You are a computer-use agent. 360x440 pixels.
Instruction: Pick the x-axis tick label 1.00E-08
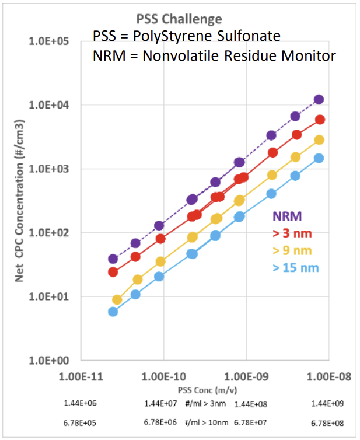(x=327, y=376)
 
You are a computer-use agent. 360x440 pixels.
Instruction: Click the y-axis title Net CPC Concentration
(x=19, y=201)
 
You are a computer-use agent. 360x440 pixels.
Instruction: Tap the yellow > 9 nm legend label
(x=295, y=251)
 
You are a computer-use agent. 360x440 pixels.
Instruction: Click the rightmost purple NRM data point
(x=319, y=99)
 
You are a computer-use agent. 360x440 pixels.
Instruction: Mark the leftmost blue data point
(x=113, y=312)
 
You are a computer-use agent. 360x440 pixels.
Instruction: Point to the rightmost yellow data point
(x=319, y=140)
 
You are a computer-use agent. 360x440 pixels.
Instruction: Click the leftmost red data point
(x=113, y=272)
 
